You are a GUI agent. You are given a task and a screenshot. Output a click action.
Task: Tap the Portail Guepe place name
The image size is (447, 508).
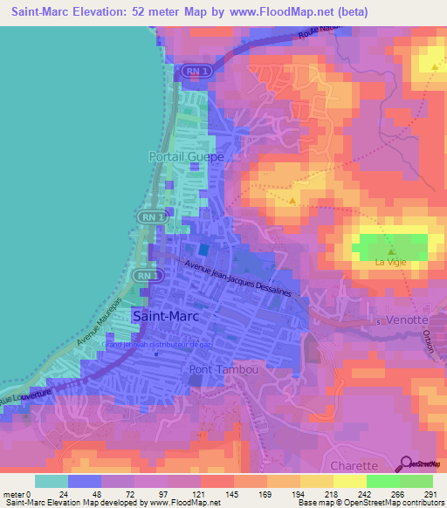click(186, 156)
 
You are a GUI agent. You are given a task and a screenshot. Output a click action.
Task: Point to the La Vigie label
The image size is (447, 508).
click(391, 263)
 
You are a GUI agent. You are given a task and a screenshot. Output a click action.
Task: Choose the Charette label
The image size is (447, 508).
click(354, 466)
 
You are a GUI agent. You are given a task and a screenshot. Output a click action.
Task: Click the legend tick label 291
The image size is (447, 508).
click(429, 493)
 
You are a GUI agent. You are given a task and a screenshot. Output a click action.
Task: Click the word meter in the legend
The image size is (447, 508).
click(15, 493)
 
